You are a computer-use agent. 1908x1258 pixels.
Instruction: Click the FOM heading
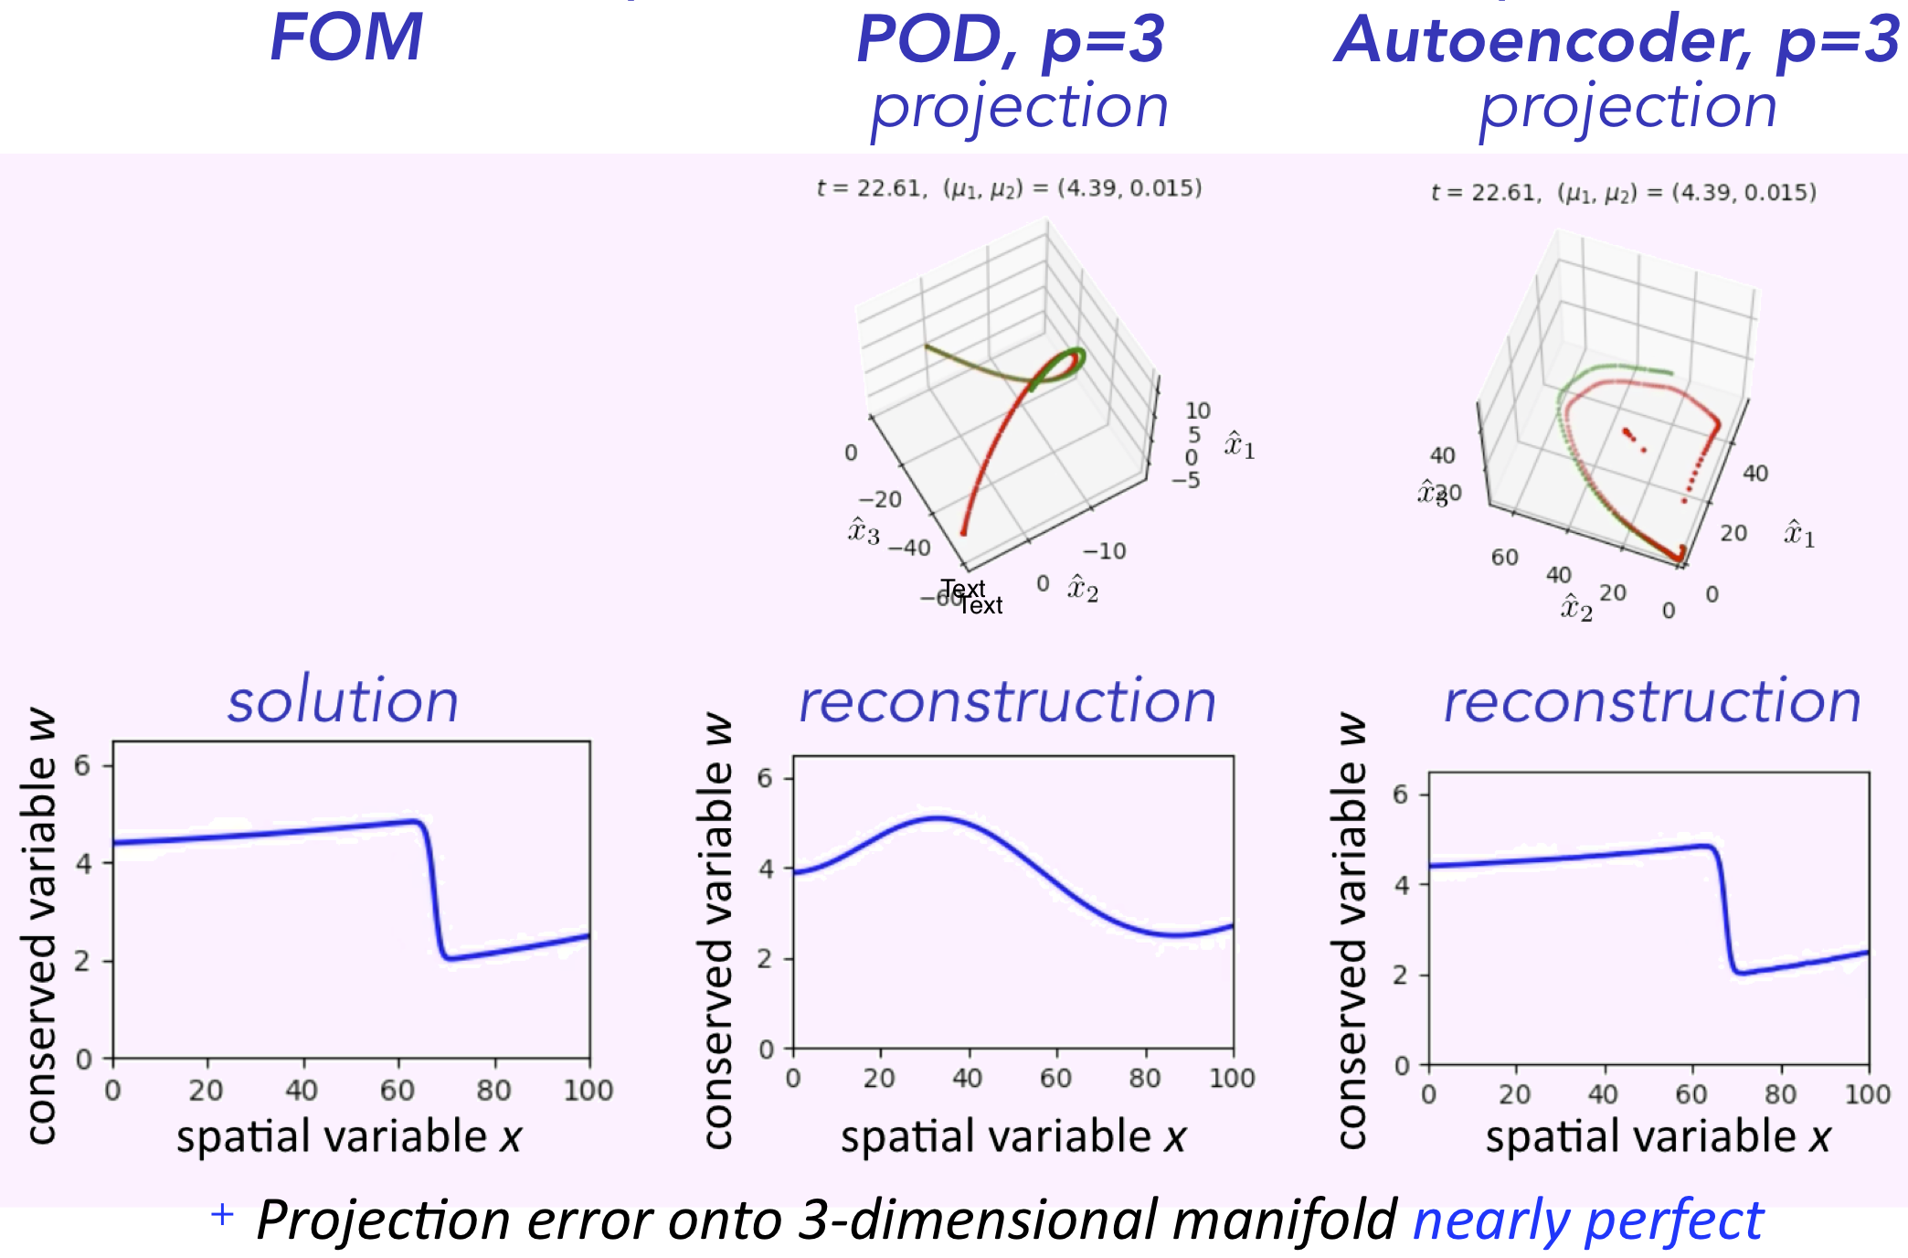point(346,38)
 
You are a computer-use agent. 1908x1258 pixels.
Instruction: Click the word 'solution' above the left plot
point(343,702)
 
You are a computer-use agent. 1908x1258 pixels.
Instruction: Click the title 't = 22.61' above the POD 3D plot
point(869,188)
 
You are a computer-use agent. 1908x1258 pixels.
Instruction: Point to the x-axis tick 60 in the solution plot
point(397,1090)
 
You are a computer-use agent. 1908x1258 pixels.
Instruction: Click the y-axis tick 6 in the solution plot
point(82,765)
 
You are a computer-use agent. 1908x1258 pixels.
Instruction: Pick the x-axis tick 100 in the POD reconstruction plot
point(1232,1079)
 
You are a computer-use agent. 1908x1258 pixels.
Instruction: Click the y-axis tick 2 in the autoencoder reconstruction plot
point(1400,975)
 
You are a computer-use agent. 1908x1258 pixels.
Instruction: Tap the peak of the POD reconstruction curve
point(937,818)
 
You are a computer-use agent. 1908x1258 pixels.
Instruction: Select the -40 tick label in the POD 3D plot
point(909,548)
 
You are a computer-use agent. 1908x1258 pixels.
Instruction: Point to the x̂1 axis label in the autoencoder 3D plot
point(1799,534)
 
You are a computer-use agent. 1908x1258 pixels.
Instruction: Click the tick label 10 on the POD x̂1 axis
point(1197,410)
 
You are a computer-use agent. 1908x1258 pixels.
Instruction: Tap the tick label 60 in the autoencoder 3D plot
point(1504,557)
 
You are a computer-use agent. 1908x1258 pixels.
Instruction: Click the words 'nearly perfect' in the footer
point(1587,1221)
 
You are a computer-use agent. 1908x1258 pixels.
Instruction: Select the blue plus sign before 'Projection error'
point(222,1214)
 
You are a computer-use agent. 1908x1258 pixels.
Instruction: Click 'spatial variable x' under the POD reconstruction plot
point(1012,1136)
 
